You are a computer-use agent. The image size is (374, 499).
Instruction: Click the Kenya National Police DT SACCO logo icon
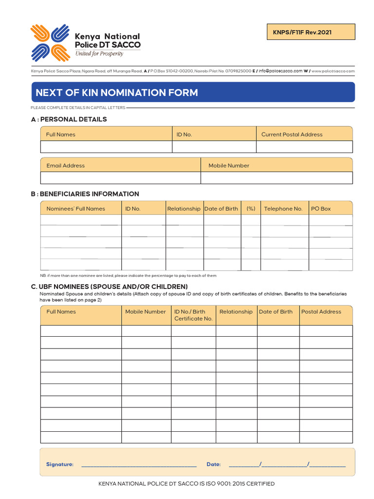[50, 43]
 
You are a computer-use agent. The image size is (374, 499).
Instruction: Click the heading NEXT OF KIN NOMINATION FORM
[117, 93]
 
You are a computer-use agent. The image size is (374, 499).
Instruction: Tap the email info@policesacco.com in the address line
[280, 71]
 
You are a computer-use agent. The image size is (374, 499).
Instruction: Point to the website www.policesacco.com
[333, 71]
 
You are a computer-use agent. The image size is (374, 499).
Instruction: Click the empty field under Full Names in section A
[106, 147]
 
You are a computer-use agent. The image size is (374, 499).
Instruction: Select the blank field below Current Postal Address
[304, 147]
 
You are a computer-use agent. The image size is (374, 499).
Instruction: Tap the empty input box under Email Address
[120, 178]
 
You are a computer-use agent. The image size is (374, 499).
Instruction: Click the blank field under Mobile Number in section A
[277, 178]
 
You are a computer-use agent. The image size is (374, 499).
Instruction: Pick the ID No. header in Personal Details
[184, 134]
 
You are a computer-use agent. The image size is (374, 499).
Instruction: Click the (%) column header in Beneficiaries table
[251, 209]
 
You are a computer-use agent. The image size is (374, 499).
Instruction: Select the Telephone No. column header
[283, 209]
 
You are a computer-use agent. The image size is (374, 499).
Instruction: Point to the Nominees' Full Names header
[75, 209]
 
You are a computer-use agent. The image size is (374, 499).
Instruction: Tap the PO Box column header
[321, 209]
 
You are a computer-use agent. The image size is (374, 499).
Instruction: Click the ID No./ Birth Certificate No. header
[193, 315]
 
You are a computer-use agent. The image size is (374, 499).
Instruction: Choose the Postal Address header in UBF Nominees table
[321, 312]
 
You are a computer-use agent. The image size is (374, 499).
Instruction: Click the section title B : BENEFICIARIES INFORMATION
[85, 194]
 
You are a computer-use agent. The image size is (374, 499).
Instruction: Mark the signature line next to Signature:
[139, 465]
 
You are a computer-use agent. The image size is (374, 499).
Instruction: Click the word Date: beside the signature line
[213, 464]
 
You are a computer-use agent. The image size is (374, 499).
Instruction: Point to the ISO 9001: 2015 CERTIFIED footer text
[187, 484]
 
